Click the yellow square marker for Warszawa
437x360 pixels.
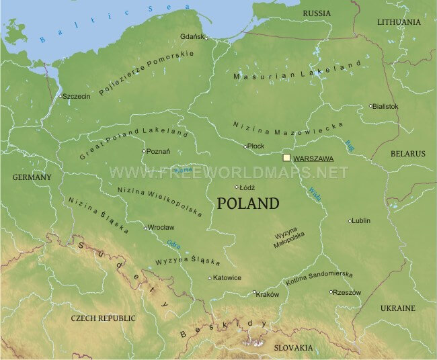coord(287,158)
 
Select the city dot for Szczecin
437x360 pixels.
coord(61,96)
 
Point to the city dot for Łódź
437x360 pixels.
coord(236,187)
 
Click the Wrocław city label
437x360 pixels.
coord(162,228)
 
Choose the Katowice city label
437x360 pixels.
coord(227,278)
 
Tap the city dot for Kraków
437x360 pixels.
coord(254,292)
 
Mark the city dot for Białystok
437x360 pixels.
coord(370,105)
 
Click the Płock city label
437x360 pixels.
coord(256,146)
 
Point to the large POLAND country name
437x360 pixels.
coord(248,204)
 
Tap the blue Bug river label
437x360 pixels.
coord(349,144)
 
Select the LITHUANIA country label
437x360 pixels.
coord(399,22)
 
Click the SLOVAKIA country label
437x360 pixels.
coord(293,347)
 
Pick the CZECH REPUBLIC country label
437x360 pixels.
coord(104,318)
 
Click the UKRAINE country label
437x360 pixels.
coord(398,308)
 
